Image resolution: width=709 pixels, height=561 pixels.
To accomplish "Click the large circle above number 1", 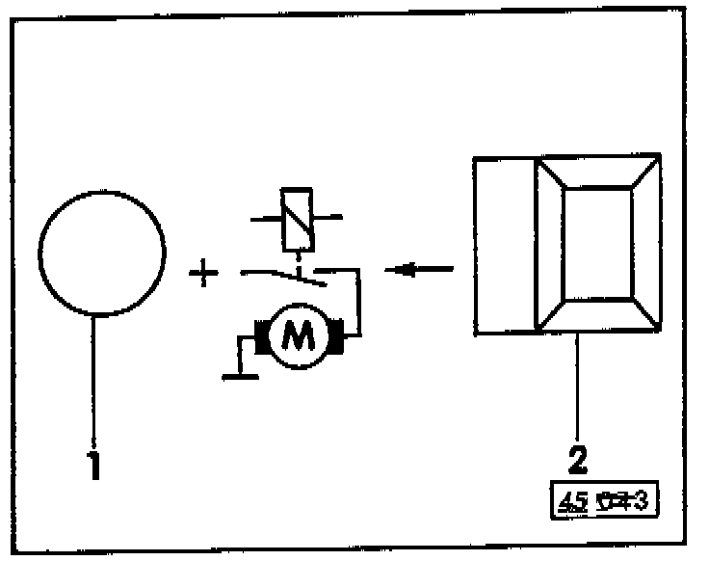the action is [x=101, y=253].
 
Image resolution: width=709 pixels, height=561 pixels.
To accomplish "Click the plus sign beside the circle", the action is [x=202, y=276].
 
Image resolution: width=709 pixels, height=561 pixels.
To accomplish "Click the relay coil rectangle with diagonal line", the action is [x=297, y=217].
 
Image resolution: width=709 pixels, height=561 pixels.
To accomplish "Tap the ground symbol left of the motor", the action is [x=241, y=374].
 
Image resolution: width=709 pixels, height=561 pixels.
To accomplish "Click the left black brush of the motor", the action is [x=260, y=335].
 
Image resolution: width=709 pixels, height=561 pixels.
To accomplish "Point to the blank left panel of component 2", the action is [x=504, y=246].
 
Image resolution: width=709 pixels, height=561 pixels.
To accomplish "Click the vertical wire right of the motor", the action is [x=359, y=304].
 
